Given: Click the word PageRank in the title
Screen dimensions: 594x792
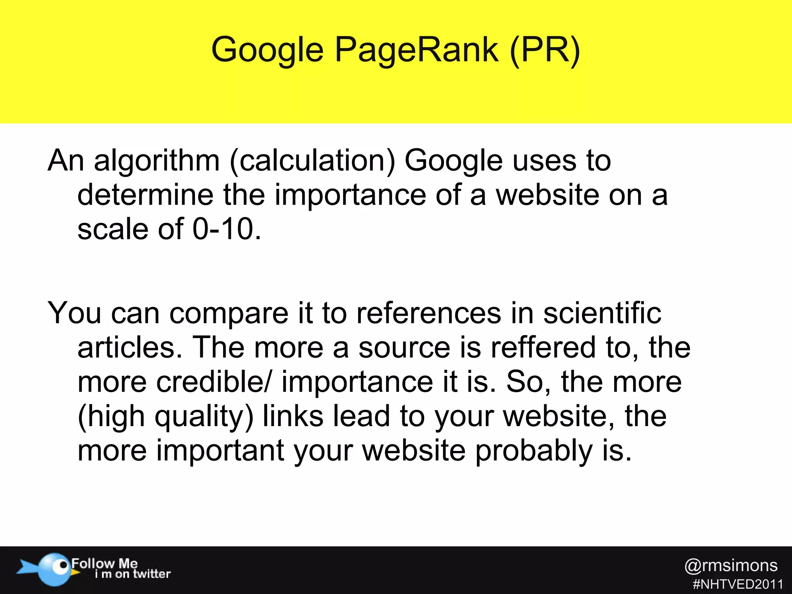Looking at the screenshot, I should coord(416,50).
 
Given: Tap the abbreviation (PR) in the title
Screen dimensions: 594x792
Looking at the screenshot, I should coord(545,50).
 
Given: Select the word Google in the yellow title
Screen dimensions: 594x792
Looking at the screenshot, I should coord(267,50).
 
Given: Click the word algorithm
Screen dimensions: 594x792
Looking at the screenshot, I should coord(157,161).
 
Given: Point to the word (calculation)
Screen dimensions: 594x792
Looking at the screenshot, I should coord(312,161).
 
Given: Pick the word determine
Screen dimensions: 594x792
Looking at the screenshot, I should coord(145,195).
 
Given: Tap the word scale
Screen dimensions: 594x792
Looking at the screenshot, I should coord(113,229).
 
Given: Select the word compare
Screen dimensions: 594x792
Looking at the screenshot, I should coord(229,313).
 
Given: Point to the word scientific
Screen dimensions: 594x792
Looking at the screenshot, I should coord(602,313).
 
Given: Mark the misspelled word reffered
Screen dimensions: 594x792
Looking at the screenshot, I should coord(544,347).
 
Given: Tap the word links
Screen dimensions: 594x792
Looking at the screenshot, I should coord(293,416).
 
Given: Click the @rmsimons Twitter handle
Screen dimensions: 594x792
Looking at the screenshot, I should coord(731,566).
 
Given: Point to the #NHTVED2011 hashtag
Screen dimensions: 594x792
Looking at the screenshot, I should coord(738,584).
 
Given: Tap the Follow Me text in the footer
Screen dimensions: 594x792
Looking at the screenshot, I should coord(104,563).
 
